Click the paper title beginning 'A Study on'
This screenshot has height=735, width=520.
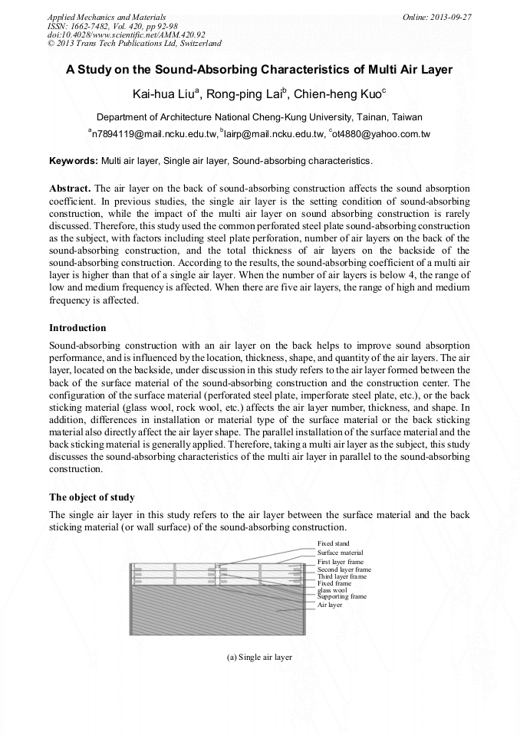[259, 70]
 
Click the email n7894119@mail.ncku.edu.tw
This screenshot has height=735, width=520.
[153, 133]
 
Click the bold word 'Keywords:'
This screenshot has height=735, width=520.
[74, 161]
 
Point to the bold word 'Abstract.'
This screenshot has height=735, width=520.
[70, 189]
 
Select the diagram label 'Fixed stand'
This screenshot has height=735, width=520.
[333, 543]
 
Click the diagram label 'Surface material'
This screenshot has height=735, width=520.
[340, 553]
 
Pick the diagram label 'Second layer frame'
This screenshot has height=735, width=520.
[344, 569]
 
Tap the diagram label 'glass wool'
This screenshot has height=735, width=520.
[332, 590]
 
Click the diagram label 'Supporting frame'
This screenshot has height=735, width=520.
[341, 596]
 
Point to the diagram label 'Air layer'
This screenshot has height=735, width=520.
[330, 605]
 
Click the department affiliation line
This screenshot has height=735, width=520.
[259, 117]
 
